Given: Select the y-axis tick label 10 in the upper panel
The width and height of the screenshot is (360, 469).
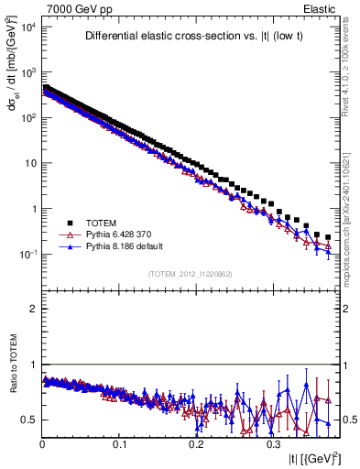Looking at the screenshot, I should click(x=30, y=163).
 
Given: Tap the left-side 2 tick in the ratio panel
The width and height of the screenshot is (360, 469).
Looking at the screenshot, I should click(x=34, y=309).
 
